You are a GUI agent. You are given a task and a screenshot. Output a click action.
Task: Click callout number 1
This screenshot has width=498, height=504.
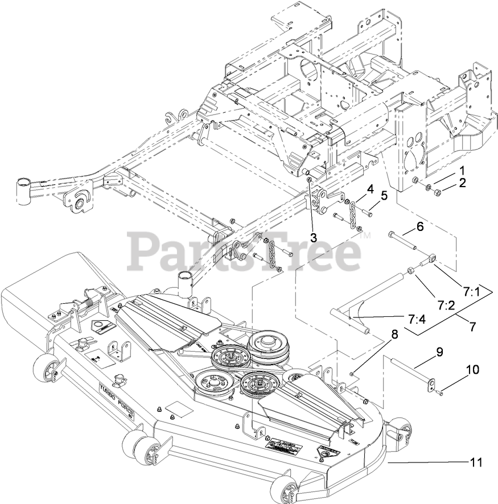point(462,170)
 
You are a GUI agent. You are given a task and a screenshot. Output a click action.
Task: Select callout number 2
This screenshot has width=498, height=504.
point(462,183)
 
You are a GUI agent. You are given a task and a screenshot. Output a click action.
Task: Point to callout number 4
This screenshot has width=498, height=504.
point(369,188)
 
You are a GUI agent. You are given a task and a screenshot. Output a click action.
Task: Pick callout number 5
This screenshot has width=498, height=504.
point(384,196)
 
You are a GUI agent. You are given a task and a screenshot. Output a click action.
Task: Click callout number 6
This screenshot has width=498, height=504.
point(420,226)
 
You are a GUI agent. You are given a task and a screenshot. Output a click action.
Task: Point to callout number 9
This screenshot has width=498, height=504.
point(439,352)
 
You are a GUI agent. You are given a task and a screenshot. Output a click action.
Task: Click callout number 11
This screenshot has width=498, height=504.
point(476,462)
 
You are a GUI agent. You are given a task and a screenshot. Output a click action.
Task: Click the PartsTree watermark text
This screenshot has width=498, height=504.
point(245,249)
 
